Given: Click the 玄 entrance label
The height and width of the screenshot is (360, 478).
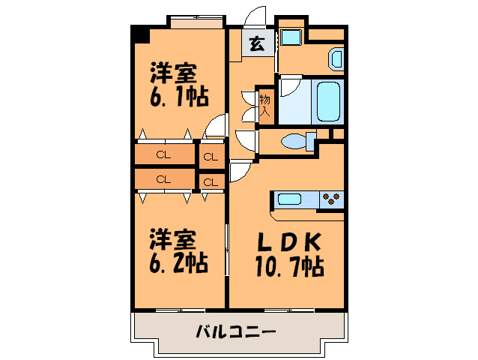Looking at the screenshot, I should tap(257, 44).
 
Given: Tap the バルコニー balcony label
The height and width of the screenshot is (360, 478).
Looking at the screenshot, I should tap(236, 330).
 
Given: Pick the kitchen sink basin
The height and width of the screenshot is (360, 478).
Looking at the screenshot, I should tap(290, 199).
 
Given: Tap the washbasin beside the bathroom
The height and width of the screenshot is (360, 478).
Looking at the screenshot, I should tap(336, 58).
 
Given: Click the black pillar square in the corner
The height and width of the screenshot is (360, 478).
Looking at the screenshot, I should tap(139, 34).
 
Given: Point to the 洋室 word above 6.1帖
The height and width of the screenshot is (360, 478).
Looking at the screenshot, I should tap(172, 74).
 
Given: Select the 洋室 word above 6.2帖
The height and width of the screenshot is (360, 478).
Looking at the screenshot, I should tap(172, 240).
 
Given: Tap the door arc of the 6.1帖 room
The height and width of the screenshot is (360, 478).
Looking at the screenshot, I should tap(217, 125).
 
